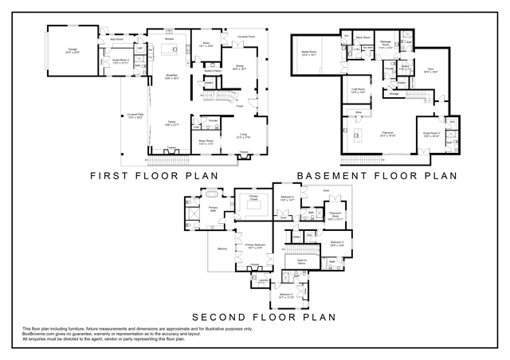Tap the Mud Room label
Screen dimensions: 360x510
tap(116, 38)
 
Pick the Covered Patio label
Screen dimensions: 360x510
tap(133, 115)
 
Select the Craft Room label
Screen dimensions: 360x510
tap(359, 91)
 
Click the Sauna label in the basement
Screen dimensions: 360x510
tap(405, 68)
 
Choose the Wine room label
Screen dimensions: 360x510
tap(359, 113)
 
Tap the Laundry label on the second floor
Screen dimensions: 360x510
tap(262, 280)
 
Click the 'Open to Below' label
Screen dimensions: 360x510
tap(302, 262)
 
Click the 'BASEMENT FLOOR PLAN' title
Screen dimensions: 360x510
tap(376, 175)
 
